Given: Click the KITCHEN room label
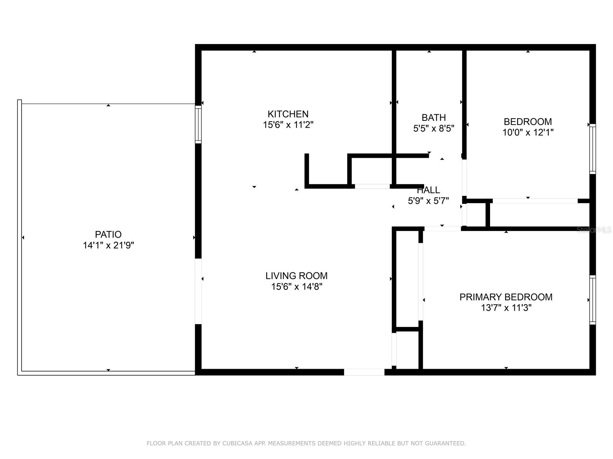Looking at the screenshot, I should pos(288,114).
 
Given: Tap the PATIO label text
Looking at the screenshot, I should pos(108,234).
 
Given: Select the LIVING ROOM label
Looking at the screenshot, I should pos(296,276).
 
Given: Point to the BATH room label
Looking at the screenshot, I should pos(433,117).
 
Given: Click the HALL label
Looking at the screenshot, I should pos(428,190).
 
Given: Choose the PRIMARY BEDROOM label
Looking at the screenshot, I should pos(506,297).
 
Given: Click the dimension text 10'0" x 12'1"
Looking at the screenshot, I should pos(528,133).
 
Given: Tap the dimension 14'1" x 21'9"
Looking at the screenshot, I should pos(108,246).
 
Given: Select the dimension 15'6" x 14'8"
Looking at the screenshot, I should pos(296,287).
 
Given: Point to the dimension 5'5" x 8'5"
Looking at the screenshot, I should pos(433,129).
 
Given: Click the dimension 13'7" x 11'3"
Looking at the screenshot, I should pos(506,308).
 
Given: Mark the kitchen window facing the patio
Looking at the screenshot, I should pos(198,125).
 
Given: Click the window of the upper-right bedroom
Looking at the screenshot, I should pos(592,149).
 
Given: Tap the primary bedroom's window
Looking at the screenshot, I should pos(592,300).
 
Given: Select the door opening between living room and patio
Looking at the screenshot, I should pos(198,291).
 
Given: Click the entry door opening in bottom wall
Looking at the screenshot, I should pos(364,372).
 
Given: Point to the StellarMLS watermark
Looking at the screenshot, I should pos(594,230).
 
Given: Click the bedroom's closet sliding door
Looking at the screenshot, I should pos(535,201).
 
